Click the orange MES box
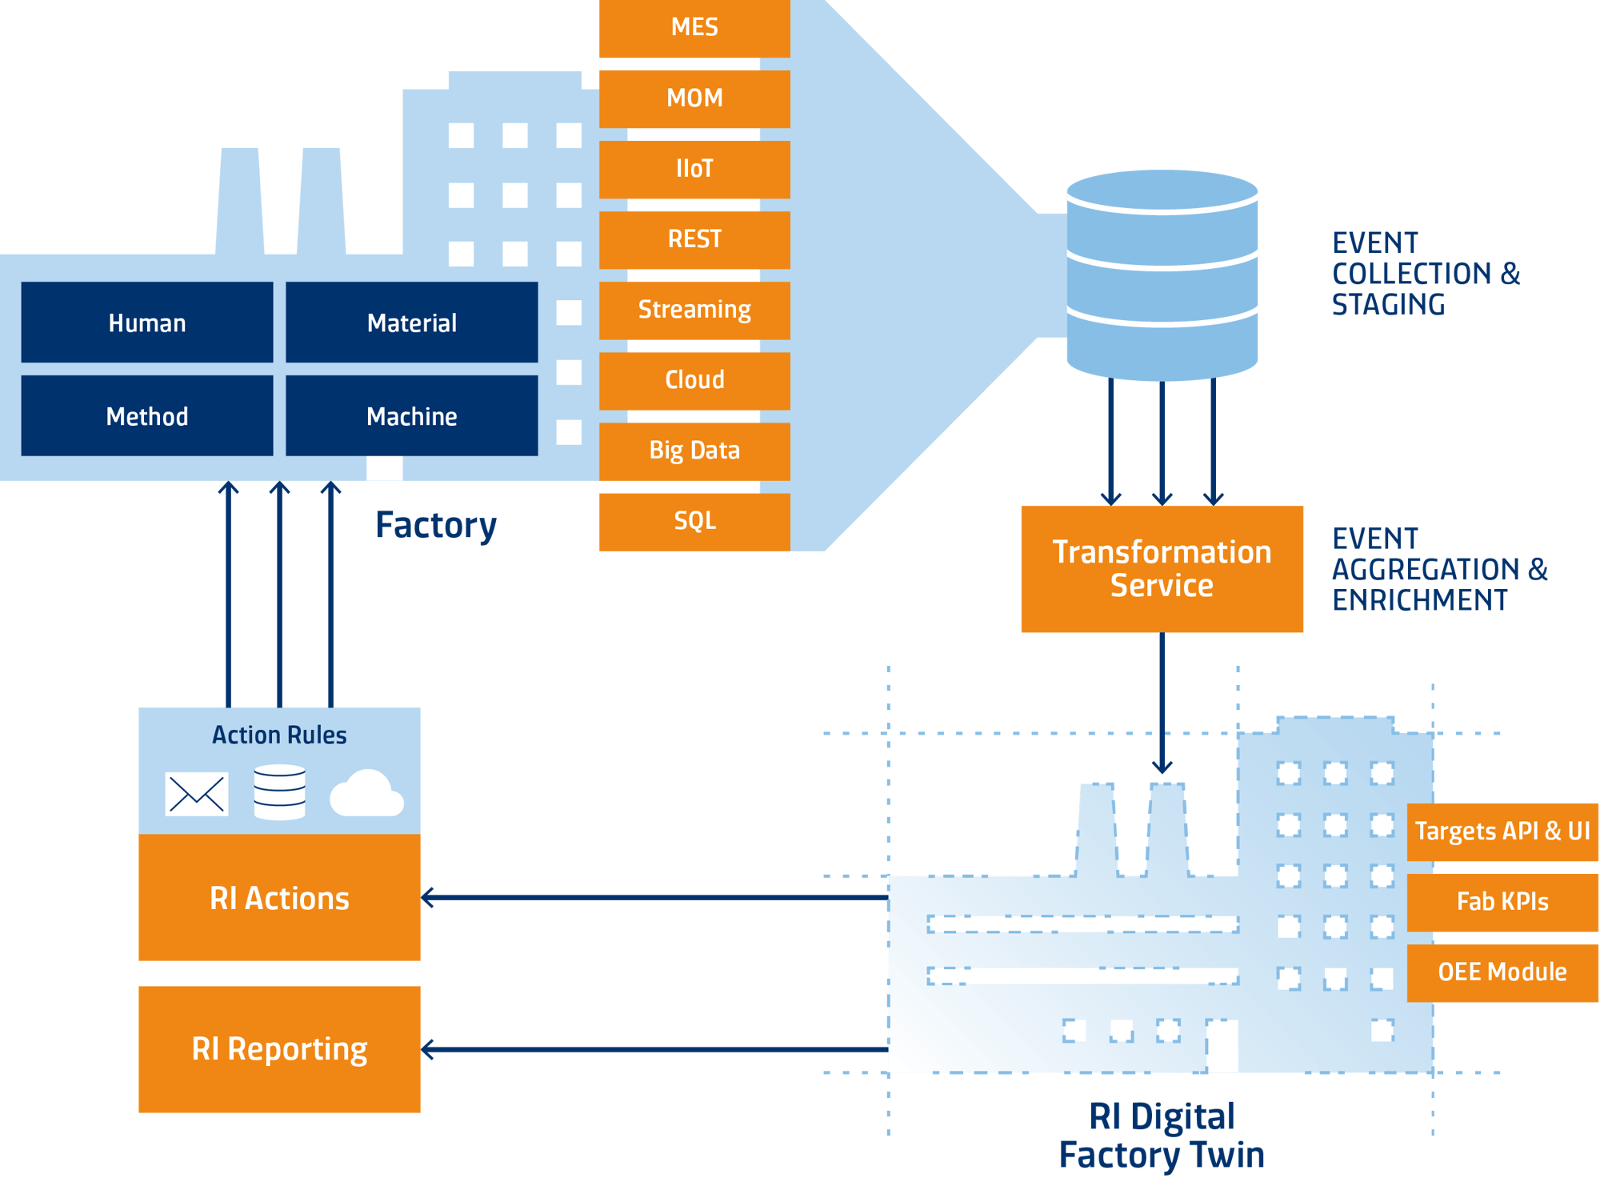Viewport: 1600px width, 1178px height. [694, 28]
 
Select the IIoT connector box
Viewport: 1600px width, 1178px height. [694, 169]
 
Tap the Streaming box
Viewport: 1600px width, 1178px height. [694, 310]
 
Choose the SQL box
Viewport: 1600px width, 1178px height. [694, 521]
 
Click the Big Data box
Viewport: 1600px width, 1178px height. [694, 451]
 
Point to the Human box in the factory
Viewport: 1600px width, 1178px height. [147, 323]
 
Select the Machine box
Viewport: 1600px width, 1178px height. [411, 416]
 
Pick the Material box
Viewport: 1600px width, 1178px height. [411, 323]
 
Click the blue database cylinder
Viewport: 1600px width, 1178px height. [1162, 274]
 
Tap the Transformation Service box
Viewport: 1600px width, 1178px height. [1162, 569]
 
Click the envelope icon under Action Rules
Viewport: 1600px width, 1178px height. [197, 794]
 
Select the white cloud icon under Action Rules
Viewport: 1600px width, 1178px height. [366, 794]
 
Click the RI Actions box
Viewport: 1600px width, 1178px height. [279, 898]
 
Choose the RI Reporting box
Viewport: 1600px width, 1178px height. [279, 1049]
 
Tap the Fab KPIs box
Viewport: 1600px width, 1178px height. [1502, 902]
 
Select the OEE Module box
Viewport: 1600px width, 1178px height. [1502, 972]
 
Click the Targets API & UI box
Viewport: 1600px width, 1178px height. [1502, 831]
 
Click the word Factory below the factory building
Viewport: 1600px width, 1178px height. [436, 526]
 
